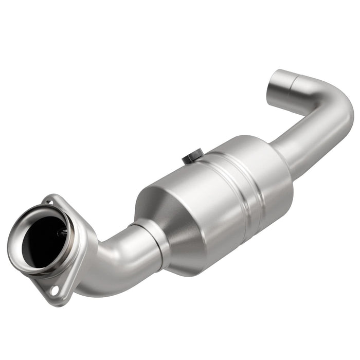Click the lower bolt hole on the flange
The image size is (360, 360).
click(54, 291)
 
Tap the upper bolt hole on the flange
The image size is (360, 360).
click(48, 202)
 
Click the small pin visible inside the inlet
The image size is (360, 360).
click(64, 232)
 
